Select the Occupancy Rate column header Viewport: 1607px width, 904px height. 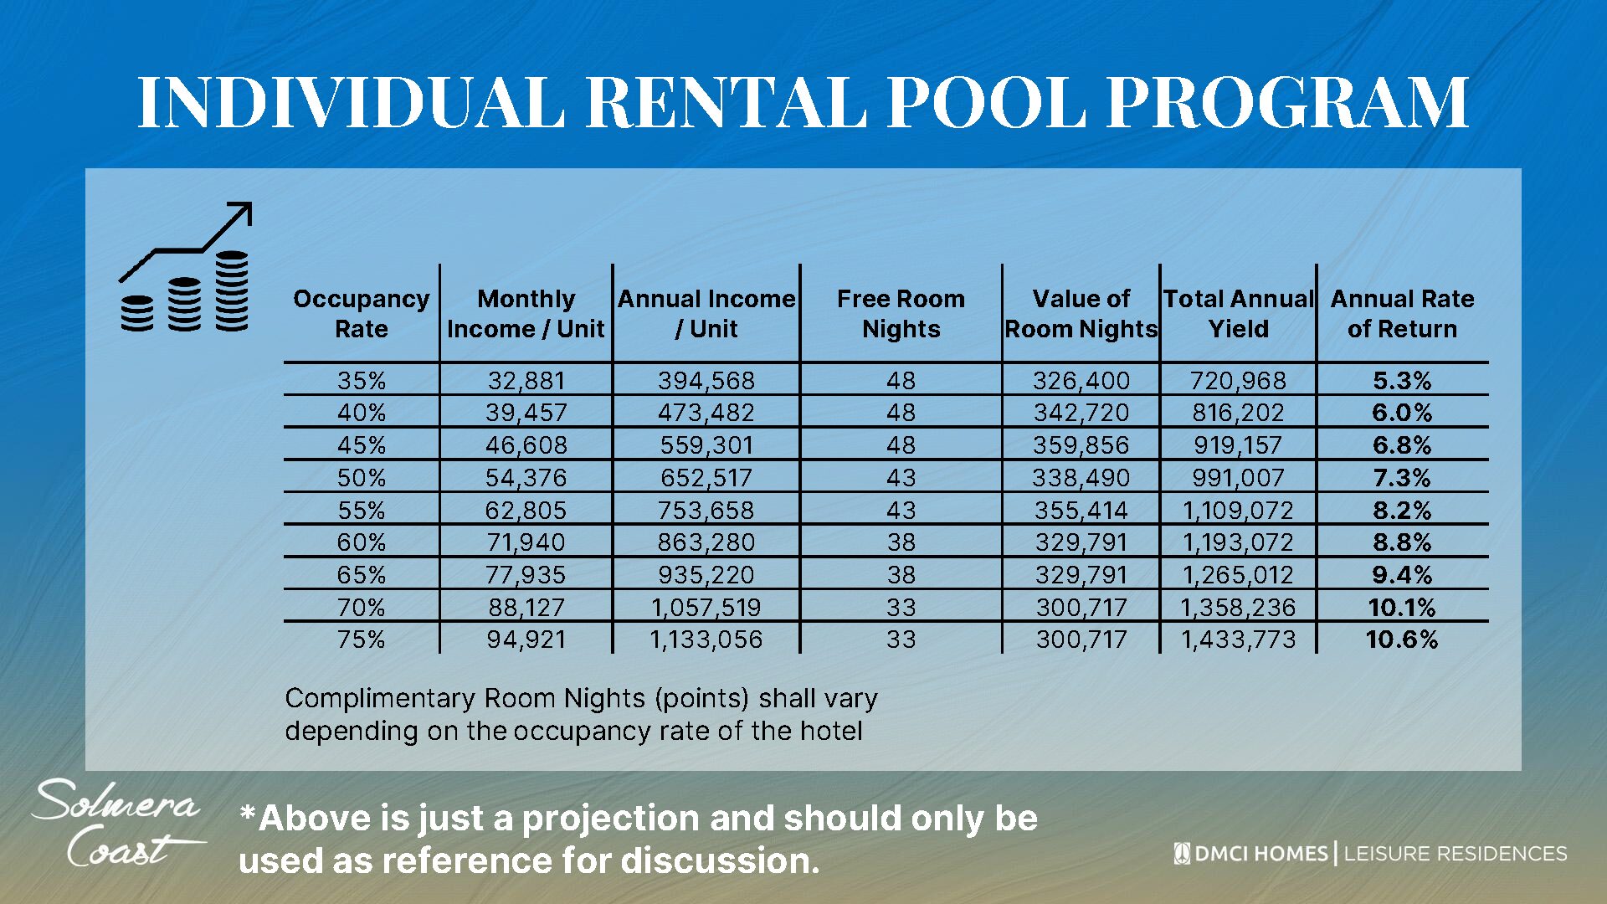coord(361,314)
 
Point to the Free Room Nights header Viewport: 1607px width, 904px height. coord(901,314)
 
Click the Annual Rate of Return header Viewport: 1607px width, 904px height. coord(1402,314)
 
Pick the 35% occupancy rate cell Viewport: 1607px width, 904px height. coord(361,381)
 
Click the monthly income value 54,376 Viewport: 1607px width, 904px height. coord(526,478)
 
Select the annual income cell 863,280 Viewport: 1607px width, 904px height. coord(706,542)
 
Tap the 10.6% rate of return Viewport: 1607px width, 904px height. coord(1402,640)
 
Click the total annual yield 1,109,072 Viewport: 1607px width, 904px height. coord(1238,511)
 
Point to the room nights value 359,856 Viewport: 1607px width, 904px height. coord(1081,445)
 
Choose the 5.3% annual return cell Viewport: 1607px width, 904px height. coord(1402,381)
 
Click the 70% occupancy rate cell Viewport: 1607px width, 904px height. coord(361,608)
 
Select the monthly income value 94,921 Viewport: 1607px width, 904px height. coord(526,640)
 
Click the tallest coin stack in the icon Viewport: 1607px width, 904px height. coord(232,290)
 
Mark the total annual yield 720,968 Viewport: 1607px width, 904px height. coord(1238,381)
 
